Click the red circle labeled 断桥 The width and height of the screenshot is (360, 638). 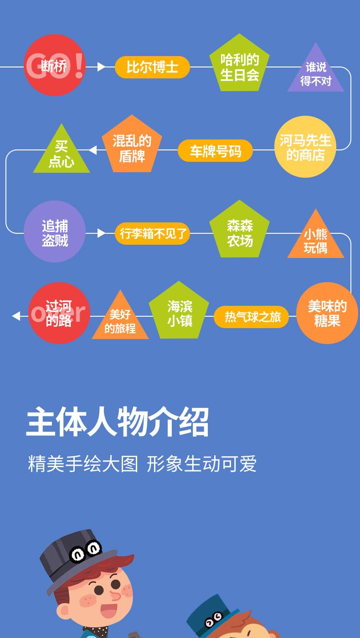(x=55, y=66)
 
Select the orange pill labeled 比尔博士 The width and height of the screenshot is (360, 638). (x=152, y=67)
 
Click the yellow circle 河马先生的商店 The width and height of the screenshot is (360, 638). (x=305, y=147)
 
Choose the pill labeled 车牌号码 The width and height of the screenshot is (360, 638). (x=215, y=151)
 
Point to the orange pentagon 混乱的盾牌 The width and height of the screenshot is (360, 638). (x=132, y=146)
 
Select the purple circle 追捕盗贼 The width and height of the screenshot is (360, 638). (x=55, y=232)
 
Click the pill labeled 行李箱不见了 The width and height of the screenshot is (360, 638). (x=152, y=233)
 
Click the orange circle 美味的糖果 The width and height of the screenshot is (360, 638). (x=327, y=313)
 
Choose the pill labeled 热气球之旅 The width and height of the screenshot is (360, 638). (x=252, y=317)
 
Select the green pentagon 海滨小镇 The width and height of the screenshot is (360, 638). (x=179, y=312)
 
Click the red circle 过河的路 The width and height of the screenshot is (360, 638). (x=59, y=313)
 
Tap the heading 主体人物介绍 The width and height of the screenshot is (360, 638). (x=118, y=422)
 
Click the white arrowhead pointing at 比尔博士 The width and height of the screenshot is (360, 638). (x=101, y=67)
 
